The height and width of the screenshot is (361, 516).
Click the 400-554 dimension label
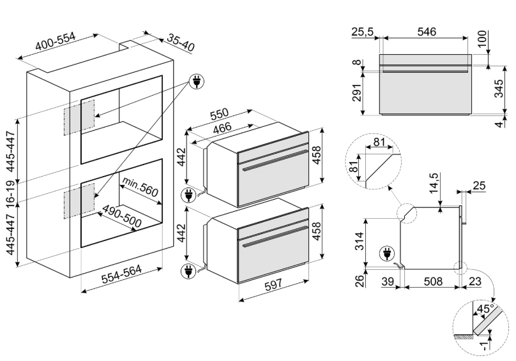tap(56, 43)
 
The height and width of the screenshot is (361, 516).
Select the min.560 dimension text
tap(140, 187)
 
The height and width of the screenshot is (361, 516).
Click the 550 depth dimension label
tap(219, 114)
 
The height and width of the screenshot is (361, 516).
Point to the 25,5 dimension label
tap(362, 30)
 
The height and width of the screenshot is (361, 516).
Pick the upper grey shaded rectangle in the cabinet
tap(79, 117)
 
